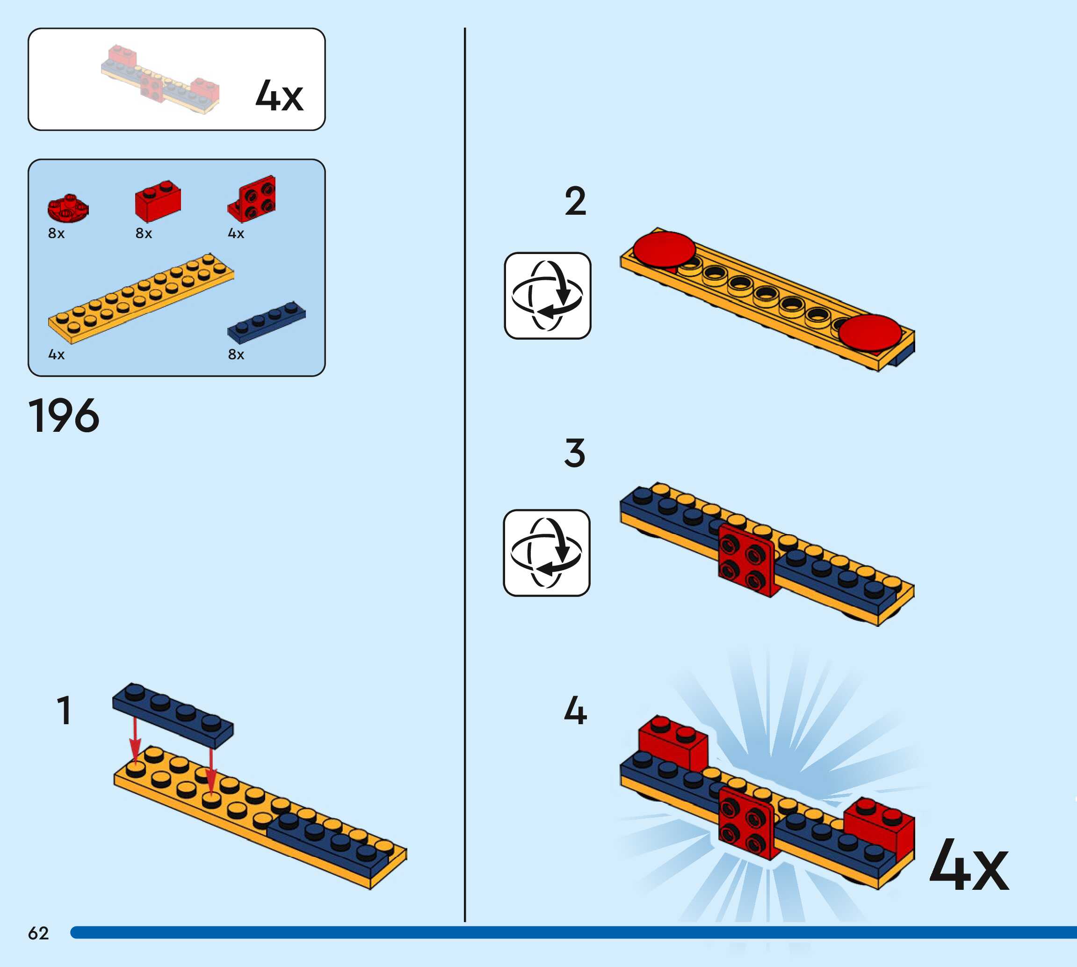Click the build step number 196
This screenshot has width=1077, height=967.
pos(64,415)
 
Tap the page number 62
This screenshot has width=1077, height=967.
pos(38,933)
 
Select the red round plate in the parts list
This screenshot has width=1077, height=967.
pos(67,208)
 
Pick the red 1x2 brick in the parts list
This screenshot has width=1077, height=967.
pos(158,200)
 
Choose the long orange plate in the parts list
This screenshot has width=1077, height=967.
pos(141,298)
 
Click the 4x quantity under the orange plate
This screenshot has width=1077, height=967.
pos(56,355)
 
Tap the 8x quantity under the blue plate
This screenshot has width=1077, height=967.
pos(236,355)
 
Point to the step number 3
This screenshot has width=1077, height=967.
pos(575,453)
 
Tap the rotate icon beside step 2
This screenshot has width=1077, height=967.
pos(547,295)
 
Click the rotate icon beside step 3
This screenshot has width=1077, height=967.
pos(547,553)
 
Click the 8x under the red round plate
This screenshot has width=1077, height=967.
pos(56,233)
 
